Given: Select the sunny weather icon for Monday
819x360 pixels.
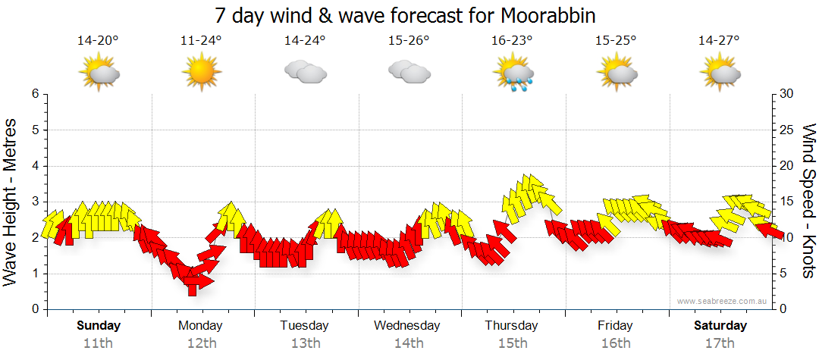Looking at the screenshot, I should pyautogui.click(x=200, y=73).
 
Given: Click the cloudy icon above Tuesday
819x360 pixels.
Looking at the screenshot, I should pyautogui.click(x=305, y=73).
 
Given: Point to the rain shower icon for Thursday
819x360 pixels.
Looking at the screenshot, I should pyautogui.click(x=514, y=74).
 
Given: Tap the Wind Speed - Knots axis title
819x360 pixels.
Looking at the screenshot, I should pyautogui.click(x=808, y=202).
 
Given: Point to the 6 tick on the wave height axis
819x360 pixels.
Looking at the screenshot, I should pyautogui.click(x=34, y=94).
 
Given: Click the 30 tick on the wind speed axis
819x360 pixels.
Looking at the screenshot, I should pyautogui.click(x=787, y=94).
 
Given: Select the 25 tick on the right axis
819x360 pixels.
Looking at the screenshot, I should pyautogui.click(x=787, y=130).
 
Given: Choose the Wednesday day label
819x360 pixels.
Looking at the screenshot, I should pyautogui.click(x=407, y=326).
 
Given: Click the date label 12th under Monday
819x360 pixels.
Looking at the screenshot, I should pyautogui.click(x=200, y=343).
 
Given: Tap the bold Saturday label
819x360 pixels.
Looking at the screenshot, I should pyautogui.click(x=720, y=326).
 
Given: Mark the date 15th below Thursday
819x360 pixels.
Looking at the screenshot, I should pyautogui.click(x=513, y=343).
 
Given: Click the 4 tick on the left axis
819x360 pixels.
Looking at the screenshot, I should pyautogui.click(x=34, y=166).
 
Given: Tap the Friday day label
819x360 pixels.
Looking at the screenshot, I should pyautogui.click(x=615, y=326).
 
